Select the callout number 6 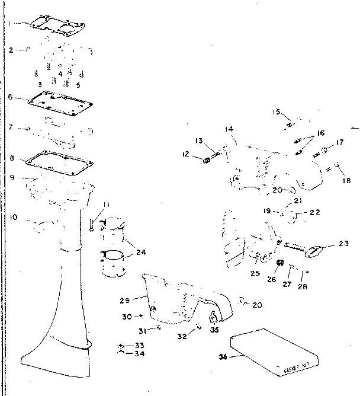11,97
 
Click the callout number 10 13,218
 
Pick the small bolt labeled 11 92,224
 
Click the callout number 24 140,251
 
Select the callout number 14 229,129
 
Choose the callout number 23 344,242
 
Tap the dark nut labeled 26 281,263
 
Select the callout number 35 215,331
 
